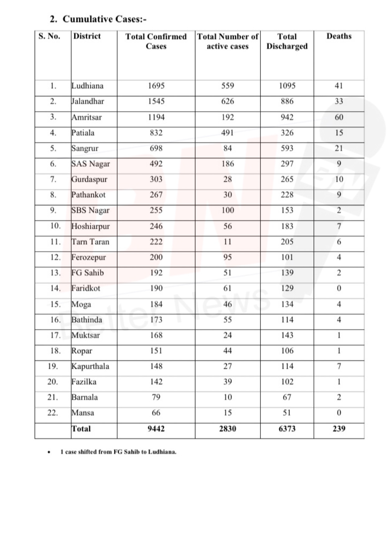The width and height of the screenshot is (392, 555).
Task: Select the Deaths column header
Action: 339,36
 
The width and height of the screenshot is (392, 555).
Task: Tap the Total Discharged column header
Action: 287,41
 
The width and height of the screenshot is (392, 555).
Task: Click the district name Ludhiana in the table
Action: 87,86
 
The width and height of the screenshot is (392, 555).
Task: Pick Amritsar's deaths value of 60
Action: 339,117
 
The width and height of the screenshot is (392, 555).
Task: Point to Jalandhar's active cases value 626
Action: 227,101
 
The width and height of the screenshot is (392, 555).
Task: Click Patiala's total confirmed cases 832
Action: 156,133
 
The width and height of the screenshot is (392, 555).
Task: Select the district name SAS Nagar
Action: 91,164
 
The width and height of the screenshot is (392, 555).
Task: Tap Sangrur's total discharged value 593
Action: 287,148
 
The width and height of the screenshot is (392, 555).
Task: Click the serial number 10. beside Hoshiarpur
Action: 55,226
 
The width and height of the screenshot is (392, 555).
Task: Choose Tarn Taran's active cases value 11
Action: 227,242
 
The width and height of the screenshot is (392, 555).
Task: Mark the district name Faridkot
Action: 86,288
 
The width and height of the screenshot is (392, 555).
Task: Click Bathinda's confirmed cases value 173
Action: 156,320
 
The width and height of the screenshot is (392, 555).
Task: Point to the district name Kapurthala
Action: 90,366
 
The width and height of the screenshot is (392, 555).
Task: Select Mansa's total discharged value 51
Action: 287,413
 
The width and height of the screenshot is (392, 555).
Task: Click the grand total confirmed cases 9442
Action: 156,429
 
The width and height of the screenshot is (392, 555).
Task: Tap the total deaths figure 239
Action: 339,429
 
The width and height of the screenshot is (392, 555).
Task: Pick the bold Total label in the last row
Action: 81,429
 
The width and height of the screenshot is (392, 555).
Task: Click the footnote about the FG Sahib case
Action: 118,452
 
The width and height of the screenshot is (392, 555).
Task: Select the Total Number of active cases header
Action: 227,41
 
